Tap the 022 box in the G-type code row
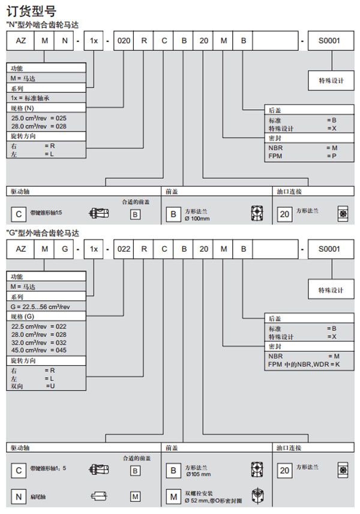[123, 248]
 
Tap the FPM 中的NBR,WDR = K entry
[304, 363]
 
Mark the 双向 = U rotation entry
[33, 386]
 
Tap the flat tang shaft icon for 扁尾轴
[98, 496]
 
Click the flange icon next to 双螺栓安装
[257, 496]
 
